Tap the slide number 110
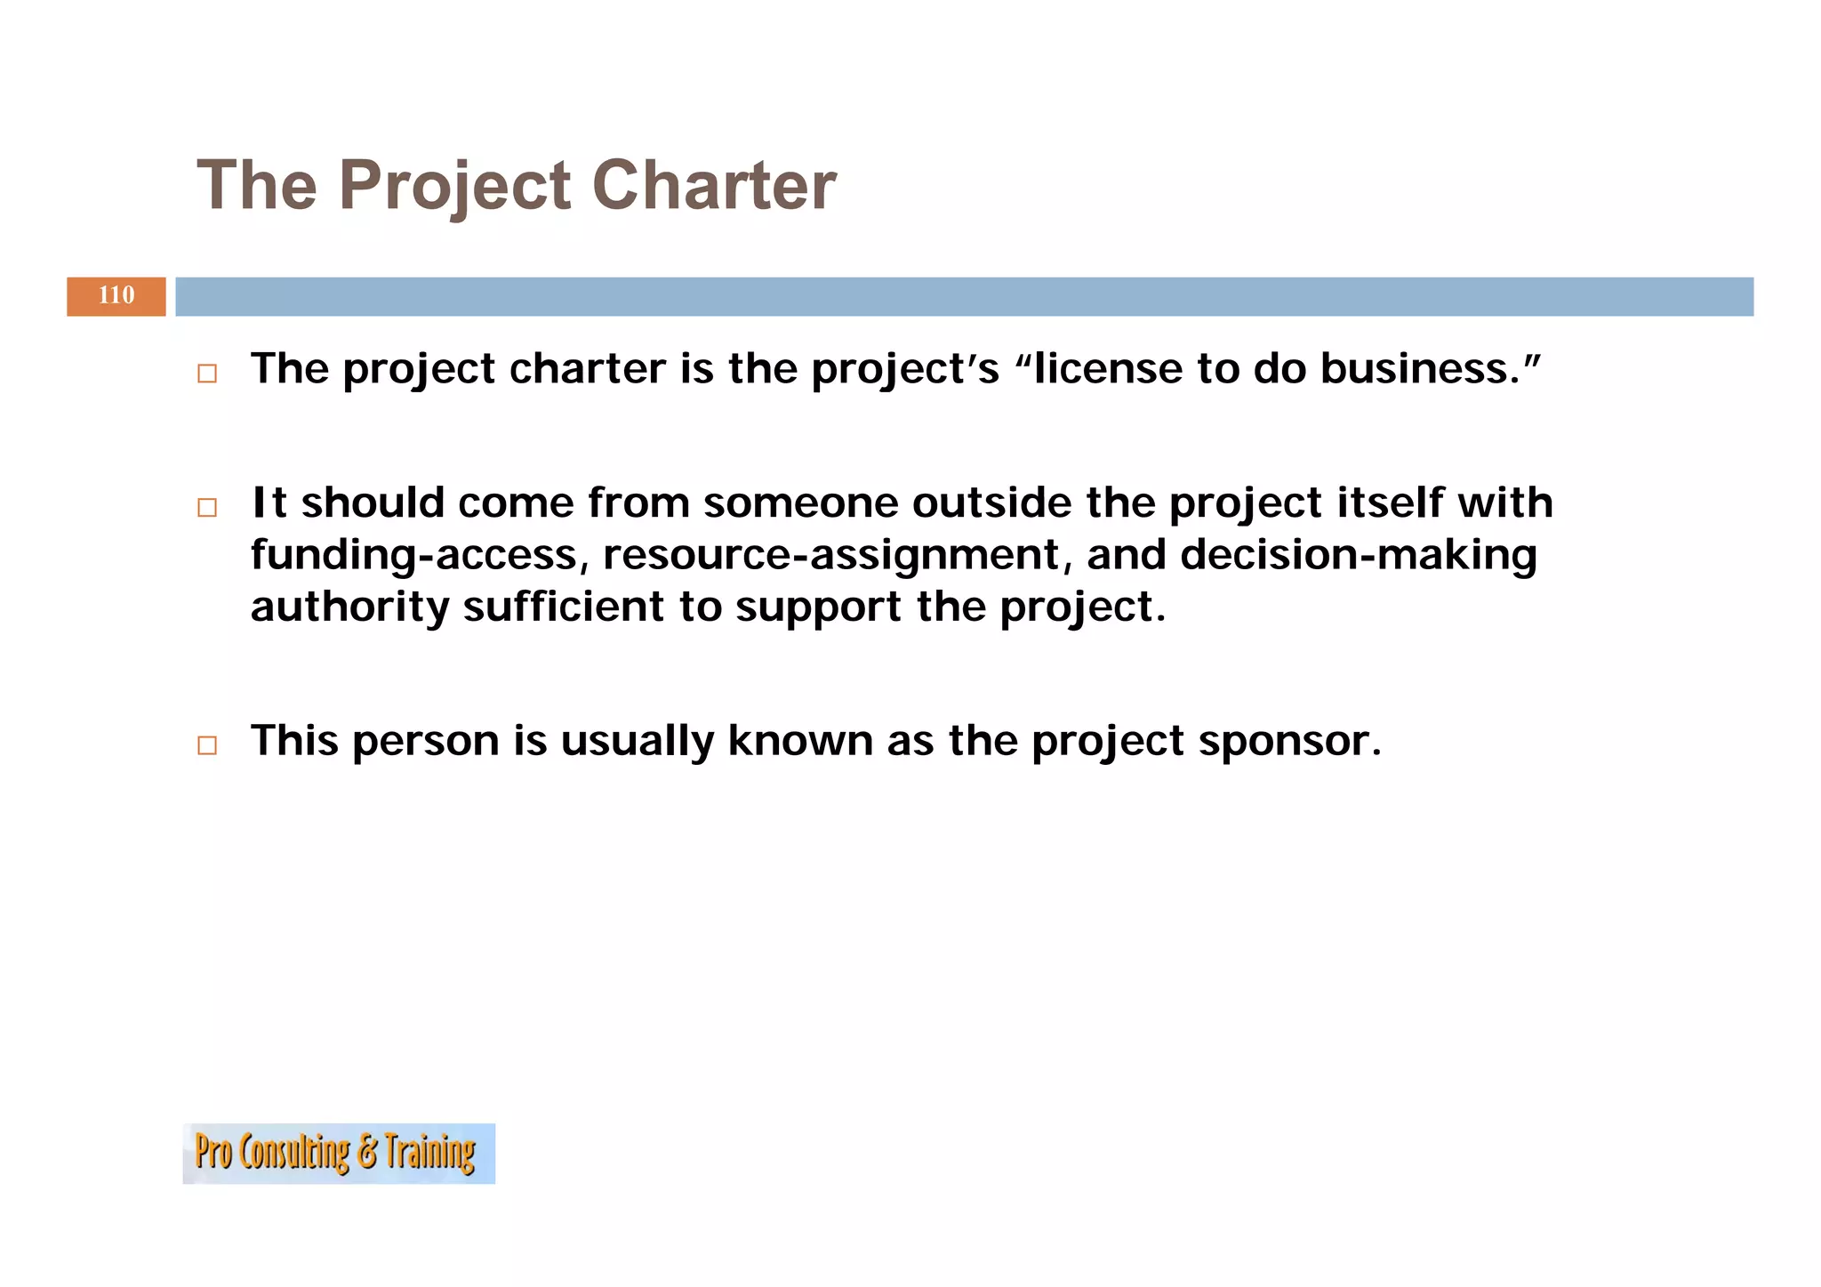[x=116, y=295]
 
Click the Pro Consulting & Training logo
[x=339, y=1153]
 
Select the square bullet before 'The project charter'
[x=207, y=374]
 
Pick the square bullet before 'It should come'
[x=207, y=507]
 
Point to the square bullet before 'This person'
[x=207, y=745]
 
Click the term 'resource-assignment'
[x=830, y=555]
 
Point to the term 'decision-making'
[x=1358, y=555]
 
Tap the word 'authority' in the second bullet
[x=349, y=607]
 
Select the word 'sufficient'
[x=563, y=607]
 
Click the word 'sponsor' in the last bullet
[x=1289, y=741]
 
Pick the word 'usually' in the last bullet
[x=637, y=741]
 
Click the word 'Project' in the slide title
[x=454, y=187]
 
